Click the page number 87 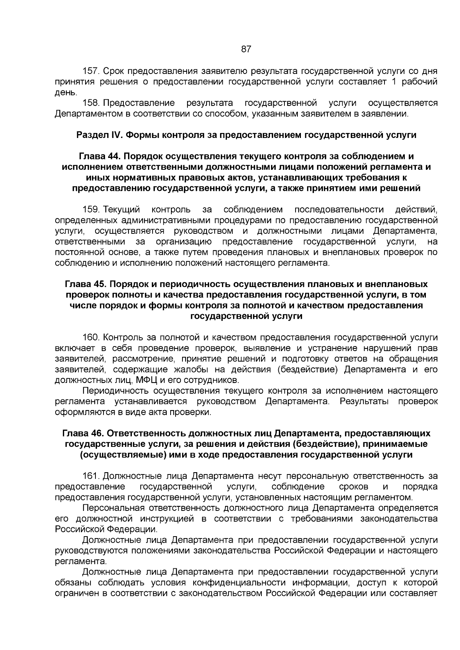click(x=246, y=49)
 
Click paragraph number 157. click(x=91, y=71)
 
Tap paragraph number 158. click(x=91, y=103)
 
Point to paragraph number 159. click(x=91, y=210)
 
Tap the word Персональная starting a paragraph click(x=114, y=508)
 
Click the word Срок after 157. click(x=114, y=71)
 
